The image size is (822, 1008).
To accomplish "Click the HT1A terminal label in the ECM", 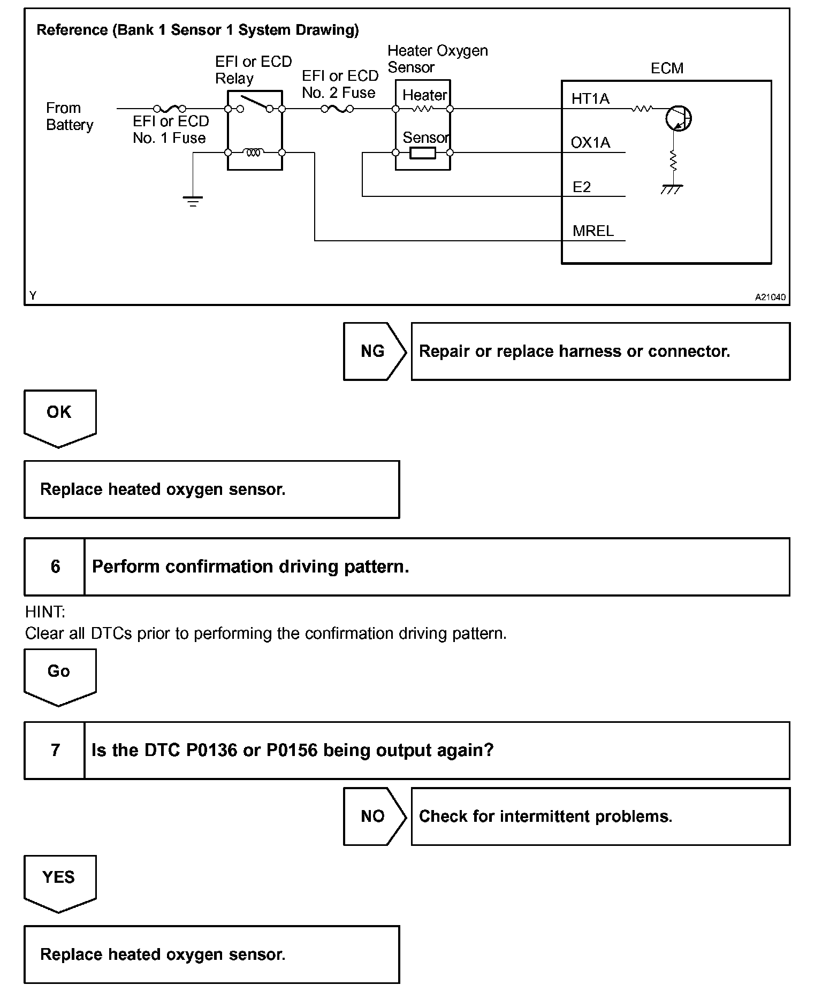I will pos(590,98).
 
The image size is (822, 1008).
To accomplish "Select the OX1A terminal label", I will pos(590,142).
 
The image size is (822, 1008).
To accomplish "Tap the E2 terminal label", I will pos(582,187).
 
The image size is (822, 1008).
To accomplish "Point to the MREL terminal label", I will pos(593,231).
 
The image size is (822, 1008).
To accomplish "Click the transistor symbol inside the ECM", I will pos(678,118).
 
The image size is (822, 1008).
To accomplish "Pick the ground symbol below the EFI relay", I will pos(193,201).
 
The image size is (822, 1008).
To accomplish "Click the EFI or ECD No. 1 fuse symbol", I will pos(170,109).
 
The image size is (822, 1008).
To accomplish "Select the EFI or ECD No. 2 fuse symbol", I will pos(337,109).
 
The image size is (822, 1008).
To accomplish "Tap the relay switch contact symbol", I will pos(255,104).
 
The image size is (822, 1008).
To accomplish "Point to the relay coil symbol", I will pos(254,152).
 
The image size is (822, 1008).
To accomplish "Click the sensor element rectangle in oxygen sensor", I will pos(423,153).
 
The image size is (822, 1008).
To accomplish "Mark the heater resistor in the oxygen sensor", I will pos(423,109).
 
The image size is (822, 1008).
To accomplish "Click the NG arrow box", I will pos(374,351).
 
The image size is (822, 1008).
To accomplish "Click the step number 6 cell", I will pos(55,567).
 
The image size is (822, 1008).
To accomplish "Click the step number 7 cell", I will pos(55,750).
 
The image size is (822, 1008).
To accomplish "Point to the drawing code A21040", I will pos(770,297).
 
